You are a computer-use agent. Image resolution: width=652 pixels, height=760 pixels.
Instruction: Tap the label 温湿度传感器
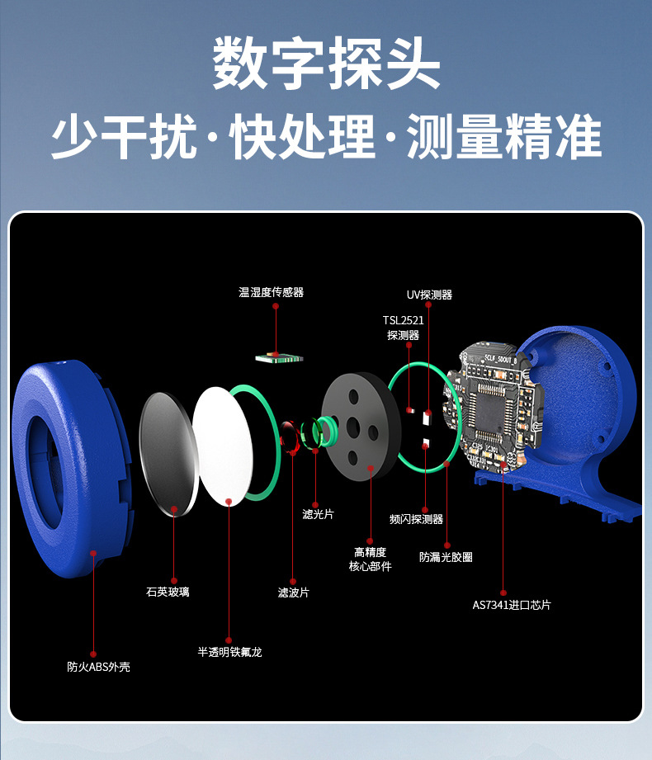pyautogui.click(x=271, y=292)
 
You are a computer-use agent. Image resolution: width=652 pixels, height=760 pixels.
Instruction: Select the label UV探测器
pyautogui.click(x=429, y=295)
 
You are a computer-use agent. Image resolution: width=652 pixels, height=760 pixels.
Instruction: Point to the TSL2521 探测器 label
pyautogui.click(x=403, y=328)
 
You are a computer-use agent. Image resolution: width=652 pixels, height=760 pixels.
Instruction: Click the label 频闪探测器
pyautogui.click(x=417, y=519)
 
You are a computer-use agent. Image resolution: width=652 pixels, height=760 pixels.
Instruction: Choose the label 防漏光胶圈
pyautogui.click(x=446, y=557)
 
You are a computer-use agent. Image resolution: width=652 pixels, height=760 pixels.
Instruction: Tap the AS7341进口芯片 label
pyautogui.click(x=511, y=605)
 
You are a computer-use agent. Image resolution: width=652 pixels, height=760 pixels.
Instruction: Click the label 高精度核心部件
pyautogui.click(x=371, y=559)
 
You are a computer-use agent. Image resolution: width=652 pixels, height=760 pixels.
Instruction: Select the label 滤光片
pyautogui.click(x=318, y=514)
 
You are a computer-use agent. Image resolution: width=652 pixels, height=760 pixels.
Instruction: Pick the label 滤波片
pyautogui.click(x=294, y=592)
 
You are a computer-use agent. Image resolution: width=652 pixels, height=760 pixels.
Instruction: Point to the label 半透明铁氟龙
pyautogui.click(x=229, y=652)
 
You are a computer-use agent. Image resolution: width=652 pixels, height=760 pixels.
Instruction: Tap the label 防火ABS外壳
pyautogui.click(x=98, y=667)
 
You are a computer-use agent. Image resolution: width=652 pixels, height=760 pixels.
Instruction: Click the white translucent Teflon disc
pyautogui.click(x=223, y=446)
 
